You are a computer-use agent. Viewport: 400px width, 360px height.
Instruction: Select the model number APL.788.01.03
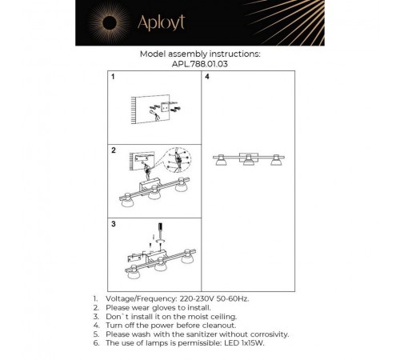(x=200, y=64)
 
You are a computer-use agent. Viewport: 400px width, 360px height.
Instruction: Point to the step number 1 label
(x=114, y=78)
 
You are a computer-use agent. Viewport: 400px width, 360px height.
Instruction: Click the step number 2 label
(x=114, y=150)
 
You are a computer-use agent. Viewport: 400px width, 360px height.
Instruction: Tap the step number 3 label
(x=114, y=223)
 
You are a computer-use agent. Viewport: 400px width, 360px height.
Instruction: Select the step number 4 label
(x=207, y=78)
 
